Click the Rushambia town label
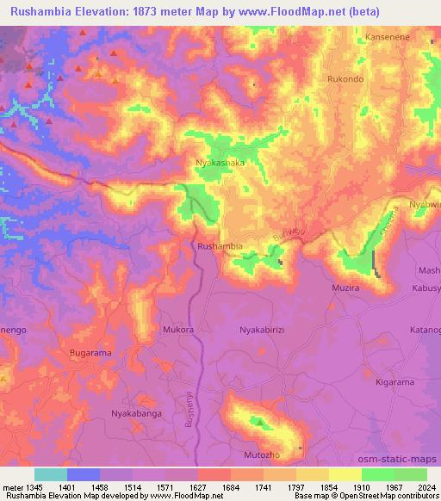pyautogui.click(x=220, y=246)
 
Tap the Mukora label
pyautogui.click(x=178, y=329)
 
